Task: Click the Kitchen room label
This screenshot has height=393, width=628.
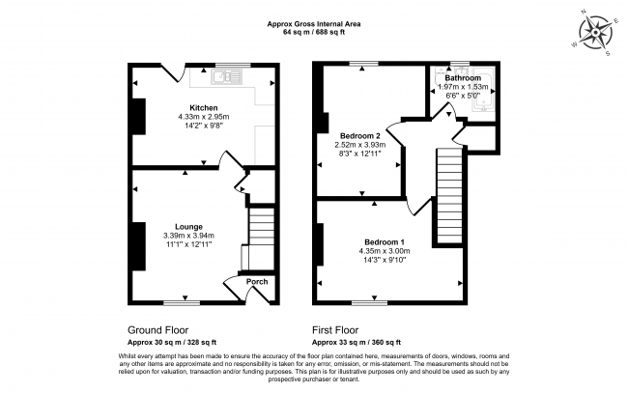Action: click(204, 107)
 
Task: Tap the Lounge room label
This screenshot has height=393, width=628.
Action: click(188, 227)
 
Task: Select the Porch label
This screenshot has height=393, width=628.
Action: click(257, 281)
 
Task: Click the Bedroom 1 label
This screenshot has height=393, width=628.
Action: click(385, 242)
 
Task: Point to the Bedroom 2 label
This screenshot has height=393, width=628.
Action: click(360, 136)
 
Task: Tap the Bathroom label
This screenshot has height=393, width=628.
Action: click(463, 77)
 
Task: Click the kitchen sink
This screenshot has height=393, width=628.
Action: click(226, 77)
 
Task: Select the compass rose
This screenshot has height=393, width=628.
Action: click(595, 32)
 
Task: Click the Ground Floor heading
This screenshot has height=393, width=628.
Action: click(157, 330)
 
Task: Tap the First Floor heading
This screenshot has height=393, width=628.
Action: click(335, 330)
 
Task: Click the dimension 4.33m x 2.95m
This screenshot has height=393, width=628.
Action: click(204, 117)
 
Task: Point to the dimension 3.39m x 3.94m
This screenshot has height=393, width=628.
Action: click(188, 236)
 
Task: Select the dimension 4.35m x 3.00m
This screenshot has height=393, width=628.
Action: click(385, 251)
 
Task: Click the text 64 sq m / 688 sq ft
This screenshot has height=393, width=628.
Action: click(314, 33)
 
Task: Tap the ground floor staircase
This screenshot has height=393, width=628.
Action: click(262, 239)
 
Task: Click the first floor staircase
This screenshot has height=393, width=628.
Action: click(449, 196)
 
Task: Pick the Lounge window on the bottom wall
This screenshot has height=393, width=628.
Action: click(182, 303)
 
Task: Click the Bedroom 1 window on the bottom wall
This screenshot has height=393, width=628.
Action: click(369, 303)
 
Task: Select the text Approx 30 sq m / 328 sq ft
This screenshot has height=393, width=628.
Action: click(172, 343)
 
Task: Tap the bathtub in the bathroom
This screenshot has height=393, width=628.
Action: click(484, 90)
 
